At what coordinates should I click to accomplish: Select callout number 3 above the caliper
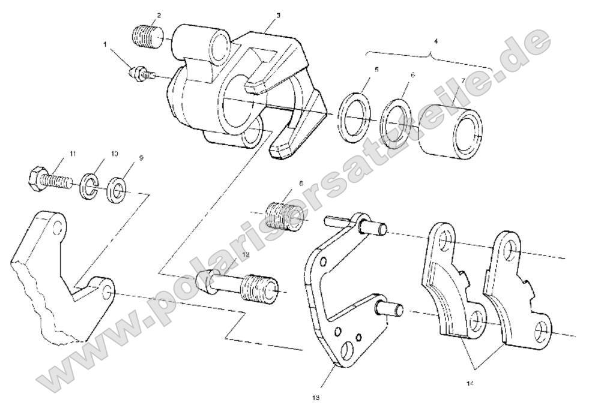(278, 14)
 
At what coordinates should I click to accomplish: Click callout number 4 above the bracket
(436, 41)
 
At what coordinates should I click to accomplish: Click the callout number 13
(316, 397)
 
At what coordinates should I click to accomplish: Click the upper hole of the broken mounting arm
(58, 228)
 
